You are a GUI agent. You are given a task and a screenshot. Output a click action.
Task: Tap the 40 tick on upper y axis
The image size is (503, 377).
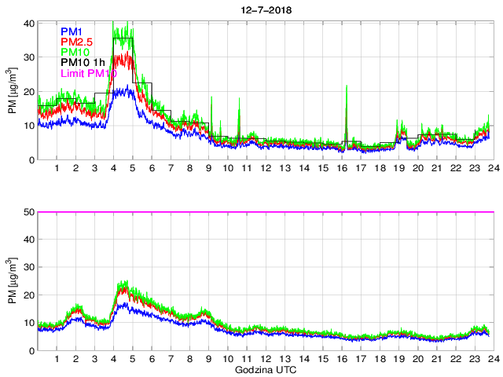click(x=28, y=23)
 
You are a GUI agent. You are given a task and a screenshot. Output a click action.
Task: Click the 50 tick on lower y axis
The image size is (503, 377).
click(x=28, y=212)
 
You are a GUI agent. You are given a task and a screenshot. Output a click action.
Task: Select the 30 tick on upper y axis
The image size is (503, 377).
click(x=28, y=57)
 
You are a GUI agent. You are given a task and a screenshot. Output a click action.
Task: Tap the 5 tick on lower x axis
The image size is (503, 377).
click(x=133, y=359)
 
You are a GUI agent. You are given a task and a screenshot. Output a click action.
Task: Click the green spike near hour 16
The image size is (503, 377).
click(x=347, y=88)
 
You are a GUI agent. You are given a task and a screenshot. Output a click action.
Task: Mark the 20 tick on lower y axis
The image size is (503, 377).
click(x=28, y=295)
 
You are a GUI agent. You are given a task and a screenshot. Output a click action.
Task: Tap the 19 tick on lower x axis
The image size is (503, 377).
click(x=398, y=359)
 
